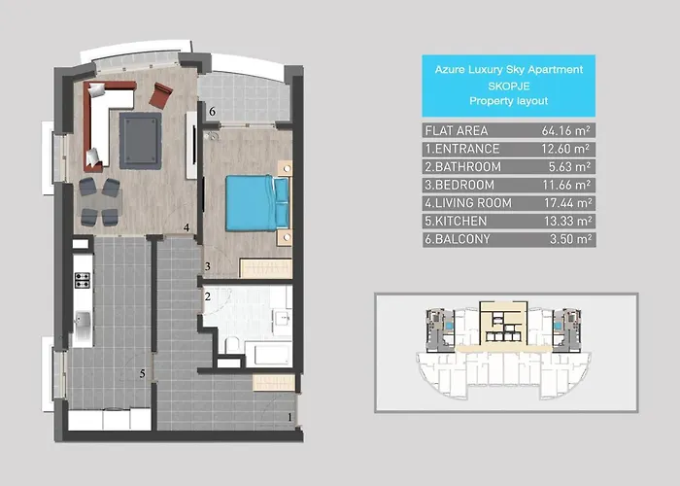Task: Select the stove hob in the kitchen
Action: coord(83,281)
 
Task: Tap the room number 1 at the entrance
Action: coord(289,419)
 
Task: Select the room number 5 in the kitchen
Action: coord(142,372)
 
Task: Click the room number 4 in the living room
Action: coord(186,228)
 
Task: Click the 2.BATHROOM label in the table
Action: coord(462,166)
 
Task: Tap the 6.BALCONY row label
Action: coord(457,238)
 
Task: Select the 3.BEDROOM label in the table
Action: coord(460,185)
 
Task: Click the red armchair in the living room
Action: coord(161,95)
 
